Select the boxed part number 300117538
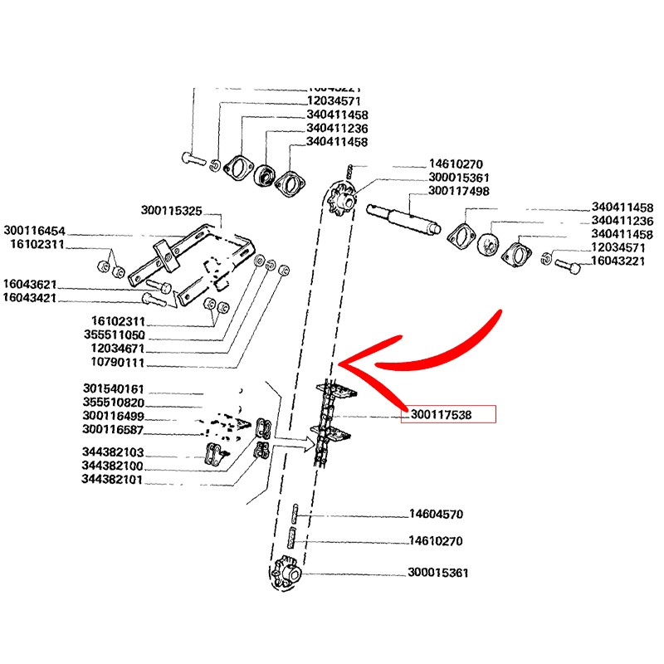click(x=447, y=414)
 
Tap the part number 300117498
click(x=458, y=191)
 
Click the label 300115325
click(x=171, y=212)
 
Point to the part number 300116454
click(x=34, y=230)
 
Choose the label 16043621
click(x=29, y=284)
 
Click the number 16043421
click(x=29, y=297)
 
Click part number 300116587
click(x=114, y=429)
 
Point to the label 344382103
click(x=114, y=452)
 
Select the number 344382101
click(x=114, y=479)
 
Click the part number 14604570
click(x=436, y=514)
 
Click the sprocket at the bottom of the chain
click(x=286, y=574)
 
